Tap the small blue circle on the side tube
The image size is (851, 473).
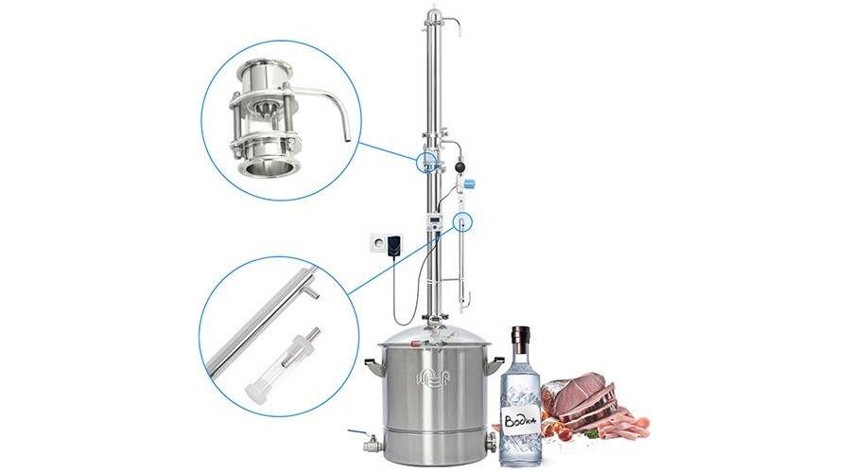pos(462,221)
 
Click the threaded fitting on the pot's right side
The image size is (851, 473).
pos(492,441)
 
